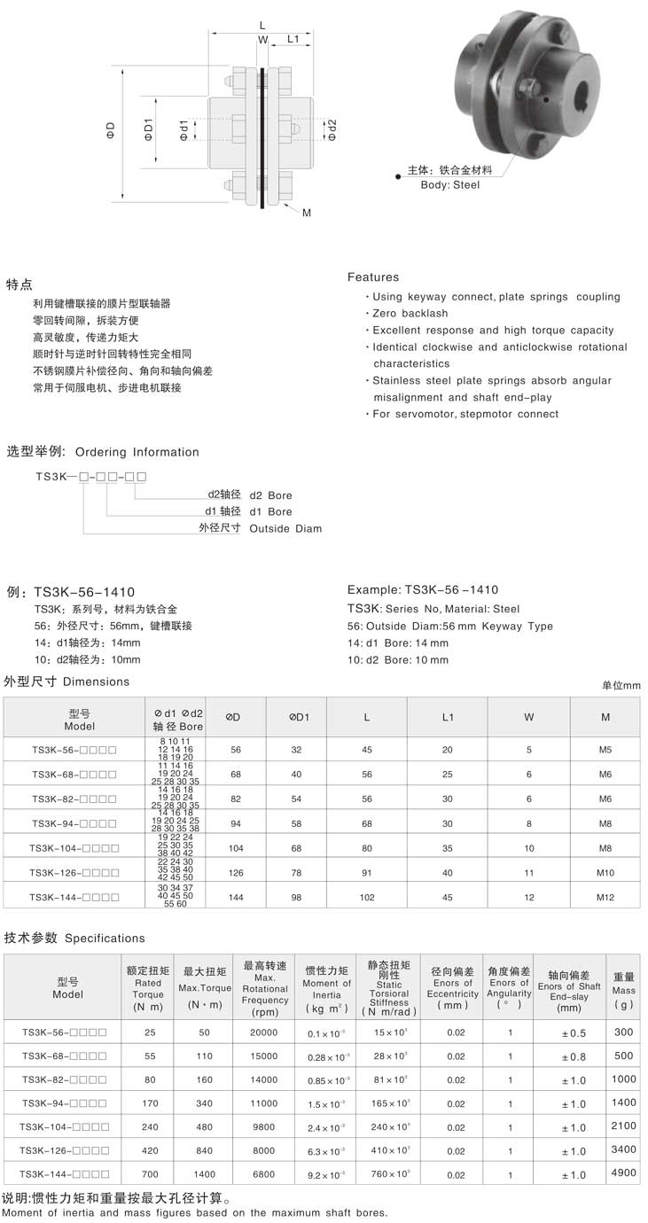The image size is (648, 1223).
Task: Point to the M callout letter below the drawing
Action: coord(307,213)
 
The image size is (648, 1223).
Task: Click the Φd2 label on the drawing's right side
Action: coord(332,129)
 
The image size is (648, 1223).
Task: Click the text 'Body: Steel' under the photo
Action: coord(449,185)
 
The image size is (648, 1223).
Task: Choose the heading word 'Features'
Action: coord(373,277)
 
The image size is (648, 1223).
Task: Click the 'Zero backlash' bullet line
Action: coord(410,314)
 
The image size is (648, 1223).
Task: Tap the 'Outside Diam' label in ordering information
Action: coord(285,529)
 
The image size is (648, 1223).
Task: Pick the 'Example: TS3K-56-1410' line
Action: coord(422,589)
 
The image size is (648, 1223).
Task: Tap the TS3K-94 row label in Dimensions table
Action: coord(74,822)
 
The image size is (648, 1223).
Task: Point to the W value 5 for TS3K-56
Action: coord(529,750)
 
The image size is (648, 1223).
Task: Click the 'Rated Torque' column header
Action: coord(148,988)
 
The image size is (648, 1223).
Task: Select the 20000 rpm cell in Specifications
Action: coord(263,1032)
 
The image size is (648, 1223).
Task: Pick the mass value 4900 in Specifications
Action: coord(623,1172)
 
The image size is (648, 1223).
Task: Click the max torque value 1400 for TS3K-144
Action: coord(205,1173)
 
